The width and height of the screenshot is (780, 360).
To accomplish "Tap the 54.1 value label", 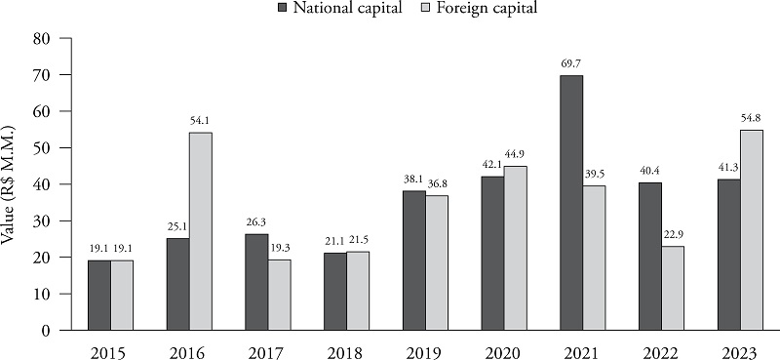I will tap(201, 120).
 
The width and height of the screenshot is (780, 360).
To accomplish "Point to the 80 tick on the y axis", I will tap(41, 39).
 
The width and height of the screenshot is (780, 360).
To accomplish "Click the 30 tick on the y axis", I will tap(41, 221).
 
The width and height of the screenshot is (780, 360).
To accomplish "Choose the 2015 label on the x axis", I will tap(108, 347).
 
